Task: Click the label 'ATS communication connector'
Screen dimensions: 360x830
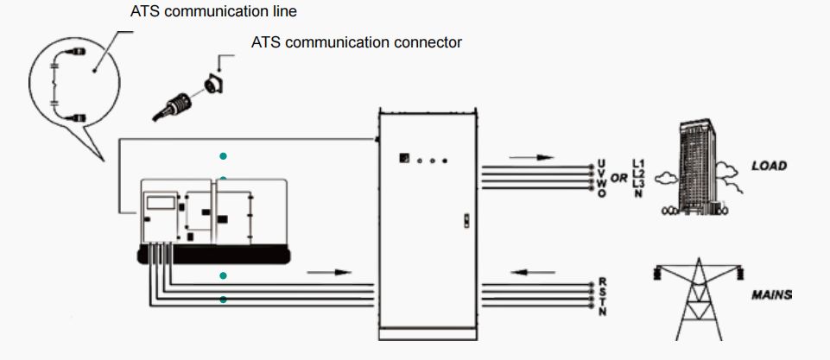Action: (357, 42)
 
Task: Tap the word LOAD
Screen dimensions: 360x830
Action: (769, 166)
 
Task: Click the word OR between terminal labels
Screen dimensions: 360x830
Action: (619, 179)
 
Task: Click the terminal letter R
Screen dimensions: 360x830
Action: (601, 282)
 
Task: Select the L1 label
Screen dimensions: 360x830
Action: (639, 162)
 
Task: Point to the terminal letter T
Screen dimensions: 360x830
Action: (601, 301)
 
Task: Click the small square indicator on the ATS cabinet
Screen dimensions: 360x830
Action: (402, 158)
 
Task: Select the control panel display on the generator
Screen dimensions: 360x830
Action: (162, 204)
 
